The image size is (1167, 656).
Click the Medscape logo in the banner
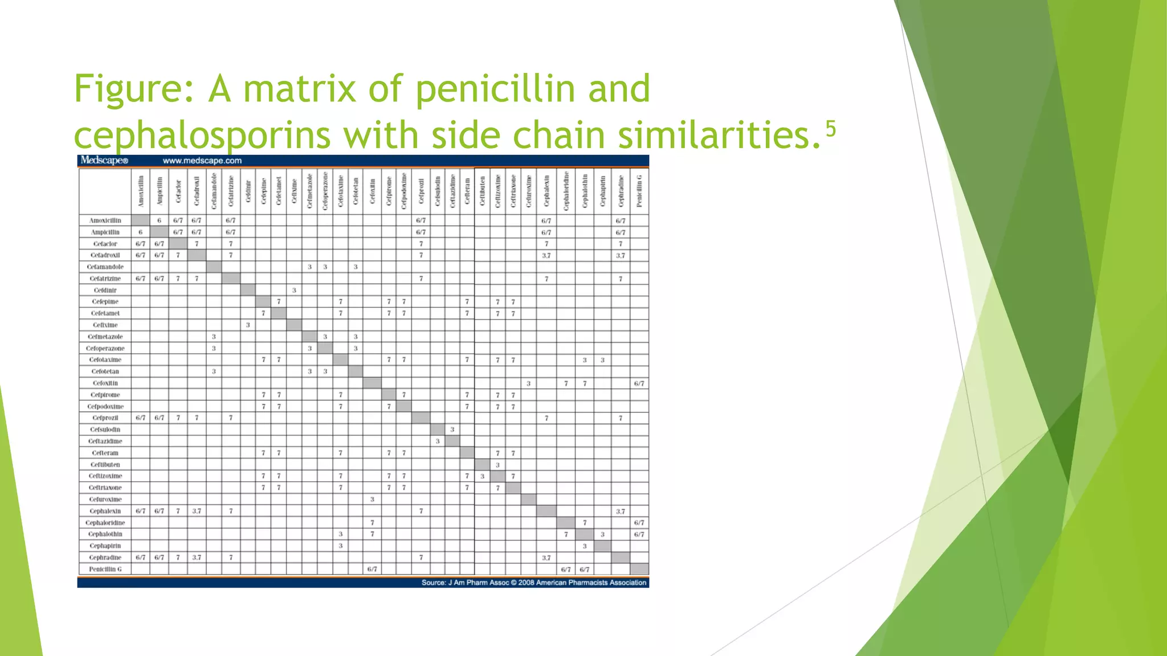pyautogui.click(x=104, y=161)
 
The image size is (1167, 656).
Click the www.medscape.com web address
pyautogui.click(x=202, y=161)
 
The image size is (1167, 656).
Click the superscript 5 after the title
pyautogui.click(x=831, y=129)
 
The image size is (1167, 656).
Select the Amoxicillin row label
pyautogui.click(x=105, y=220)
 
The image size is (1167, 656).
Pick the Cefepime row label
pyautogui.click(x=105, y=302)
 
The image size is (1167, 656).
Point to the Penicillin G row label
pyautogui.click(x=105, y=569)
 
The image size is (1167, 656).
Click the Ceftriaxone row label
pyautogui.click(x=105, y=487)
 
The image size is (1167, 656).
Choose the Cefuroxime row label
pyautogui.click(x=105, y=499)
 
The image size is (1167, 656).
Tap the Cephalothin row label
pyautogui.click(x=105, y=534)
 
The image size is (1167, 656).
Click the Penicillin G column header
pyautogui.click(x=639, y=191)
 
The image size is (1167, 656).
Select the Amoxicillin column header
pyautogui.click(x=141, y=191)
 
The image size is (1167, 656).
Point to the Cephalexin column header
pyautogui.click(x=546, y=191)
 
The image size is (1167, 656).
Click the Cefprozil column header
pyautogui.click(x=421, y=191)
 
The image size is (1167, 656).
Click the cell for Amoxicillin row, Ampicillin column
pyautogui.click(x=160, y=220)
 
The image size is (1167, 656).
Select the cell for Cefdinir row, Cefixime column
pyautogui.click(x=294, y=290)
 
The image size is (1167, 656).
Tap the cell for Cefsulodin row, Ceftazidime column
pyautogui.click(x=452, y=429)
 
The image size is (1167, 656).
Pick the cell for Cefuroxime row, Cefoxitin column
pyautogui.click(x=372, y=499)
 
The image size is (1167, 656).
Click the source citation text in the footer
pyautogui.click(x=534, y=583)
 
